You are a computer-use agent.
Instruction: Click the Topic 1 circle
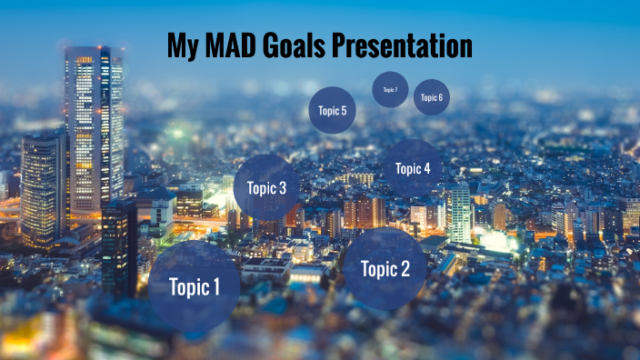pos(194,286)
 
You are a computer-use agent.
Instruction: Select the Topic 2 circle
pos(385,268)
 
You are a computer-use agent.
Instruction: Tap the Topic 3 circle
pos(266,187)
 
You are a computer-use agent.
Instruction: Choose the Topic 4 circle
pos(412,168)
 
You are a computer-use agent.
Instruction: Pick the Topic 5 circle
pos(332,110)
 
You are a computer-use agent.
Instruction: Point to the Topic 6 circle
pos(431,97)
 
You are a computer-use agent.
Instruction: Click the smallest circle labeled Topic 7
pos(390,89)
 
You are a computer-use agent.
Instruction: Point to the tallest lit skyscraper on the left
pos(94,127)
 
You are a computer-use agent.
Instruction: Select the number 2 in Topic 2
pos(405,268)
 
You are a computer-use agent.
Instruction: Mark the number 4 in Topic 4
pos(426,168)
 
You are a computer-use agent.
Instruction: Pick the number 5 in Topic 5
pos(344,111)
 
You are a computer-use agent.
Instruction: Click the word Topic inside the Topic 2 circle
pos(377,268)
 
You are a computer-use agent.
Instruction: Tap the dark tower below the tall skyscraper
pos(119,245)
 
